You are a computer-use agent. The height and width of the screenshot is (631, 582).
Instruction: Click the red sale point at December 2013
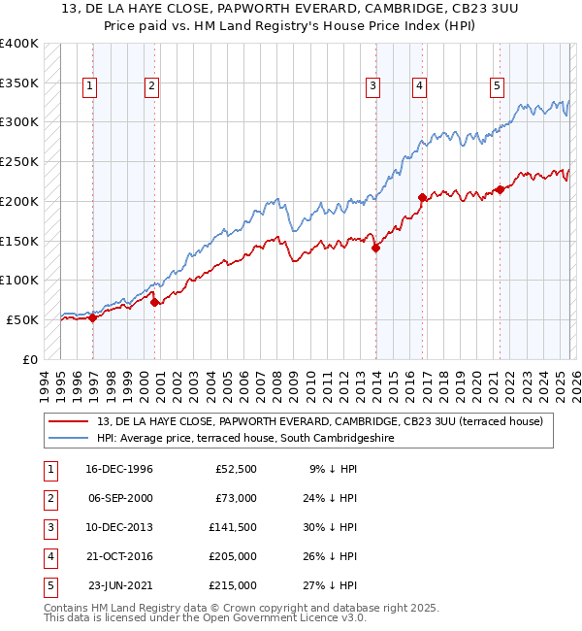[x=375, y=248]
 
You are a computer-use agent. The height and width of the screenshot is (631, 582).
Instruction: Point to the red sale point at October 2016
[x=423, y=197]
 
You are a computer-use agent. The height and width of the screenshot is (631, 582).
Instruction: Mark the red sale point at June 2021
[x=501, y=189]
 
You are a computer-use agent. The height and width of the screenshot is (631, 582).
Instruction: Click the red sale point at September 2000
[x=154, y=302]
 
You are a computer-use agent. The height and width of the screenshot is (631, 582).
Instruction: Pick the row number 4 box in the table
[x=48, y=556]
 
